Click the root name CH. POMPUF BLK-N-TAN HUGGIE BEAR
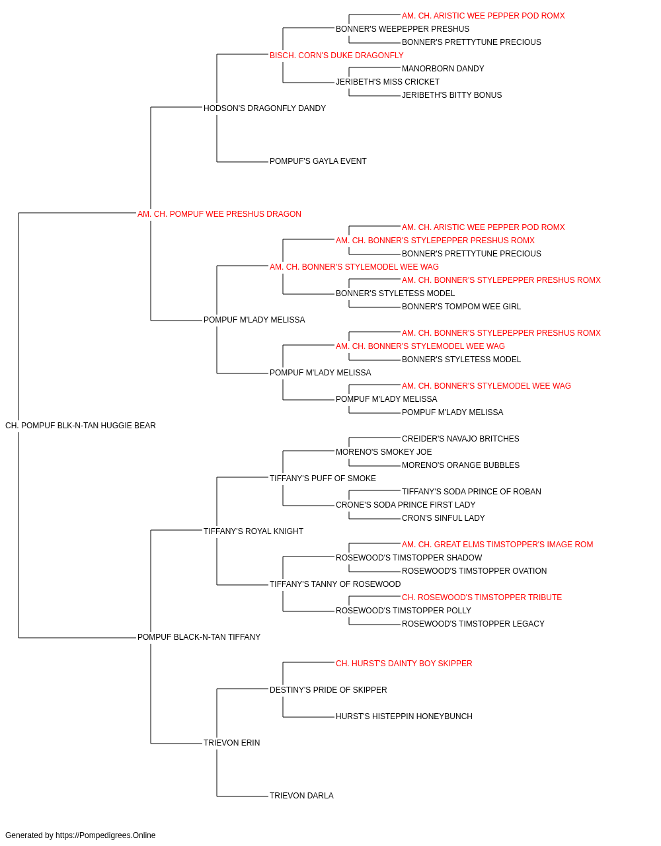pyautogui.click(x=81, y=426)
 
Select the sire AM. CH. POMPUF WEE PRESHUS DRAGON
pyautogui.click(x=219, y=214)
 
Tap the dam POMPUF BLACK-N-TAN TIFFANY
pyautogui.click(x=199, y=637)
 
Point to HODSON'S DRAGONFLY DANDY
pyautogui.click(x=264, y=108)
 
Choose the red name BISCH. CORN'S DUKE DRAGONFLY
pyautogui.click(x=336, y=56)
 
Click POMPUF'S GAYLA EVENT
pyautogui.click(x=318, y=161)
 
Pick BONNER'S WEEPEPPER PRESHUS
pyautogui.click(x=403, y=29)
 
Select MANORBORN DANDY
pyautogui.click(x=443, y=69)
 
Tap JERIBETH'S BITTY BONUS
pyautogui.click(x=451, y=95)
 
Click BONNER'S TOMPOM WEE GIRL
pyautogui.click(x=461, y=307)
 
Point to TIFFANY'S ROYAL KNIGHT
pyautogui.click(x=253, y=531)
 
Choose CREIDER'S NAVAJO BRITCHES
pyautogui.click(x=461, y=439)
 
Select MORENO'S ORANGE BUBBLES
pyautogui.click(x=461, y=465)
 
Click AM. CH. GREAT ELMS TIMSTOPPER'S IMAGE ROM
pyautogui.click(x=498, y=544)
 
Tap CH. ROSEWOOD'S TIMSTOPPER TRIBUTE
pyautogui.click(x=482, y=597)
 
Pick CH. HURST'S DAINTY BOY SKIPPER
pyautogui.click(x=404, y=664)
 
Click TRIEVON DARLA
pyautogui.click(x=301, y=795)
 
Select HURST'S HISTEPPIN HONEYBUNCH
pyautogui.click(x=404, y=716)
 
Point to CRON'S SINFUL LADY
pyautogui.click(x=444, y=518)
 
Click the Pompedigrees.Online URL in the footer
pyautogui.click(x=106, y=835)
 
